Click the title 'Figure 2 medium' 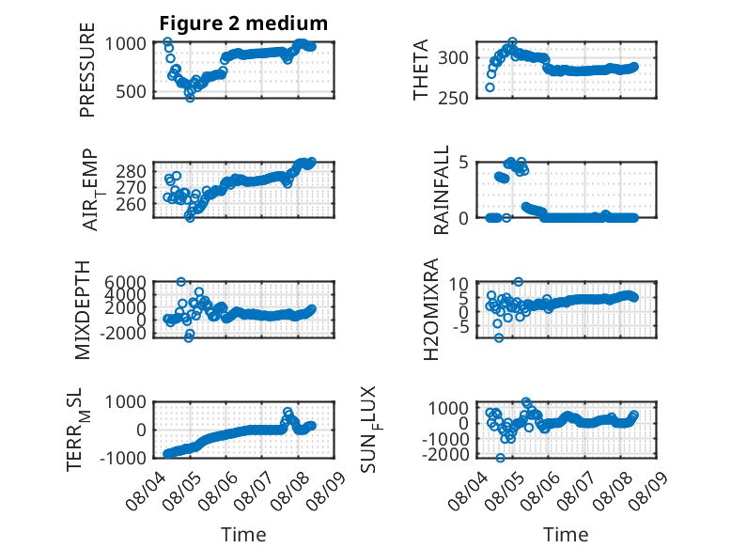(x=243, y=23)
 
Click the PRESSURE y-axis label (x=87, y=70)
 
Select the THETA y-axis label (x=421, y=70)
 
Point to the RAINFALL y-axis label (x=441, y=190)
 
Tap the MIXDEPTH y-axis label (x=82, y=309)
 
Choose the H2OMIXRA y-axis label (x=430, y=309)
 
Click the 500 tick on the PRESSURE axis (x=131, y=92)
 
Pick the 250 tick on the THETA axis (x=453, y=98)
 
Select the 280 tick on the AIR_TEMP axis (x=131, y=172)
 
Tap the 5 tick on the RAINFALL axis (x=463, y=163)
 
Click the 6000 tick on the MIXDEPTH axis (x=125, y=282)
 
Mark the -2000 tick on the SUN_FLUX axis (x=445, y=454)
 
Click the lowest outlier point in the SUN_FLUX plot (x=500, y=458)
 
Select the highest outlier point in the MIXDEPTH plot (x=181, y=282)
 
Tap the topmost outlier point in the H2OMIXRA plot (x=519, y=282)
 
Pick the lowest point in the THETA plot (x=490, y=87)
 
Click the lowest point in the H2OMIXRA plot (x=499, y=337)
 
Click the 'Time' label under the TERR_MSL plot (x=243, y=535)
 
